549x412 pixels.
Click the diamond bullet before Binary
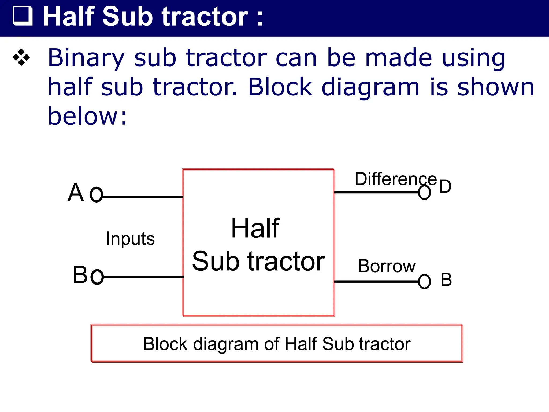(21, 57)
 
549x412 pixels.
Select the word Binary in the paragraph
(86, 58)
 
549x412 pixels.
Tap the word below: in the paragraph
(87, 116)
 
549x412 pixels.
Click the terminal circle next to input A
(96, 194)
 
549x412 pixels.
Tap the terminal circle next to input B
(97, 277)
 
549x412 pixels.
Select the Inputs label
(130, 238)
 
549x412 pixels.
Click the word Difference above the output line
(395, 179)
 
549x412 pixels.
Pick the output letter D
(445, 186)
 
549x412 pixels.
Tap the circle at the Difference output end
(424, 192)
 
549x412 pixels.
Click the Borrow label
(387, 266)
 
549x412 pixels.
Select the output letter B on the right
(446, 279)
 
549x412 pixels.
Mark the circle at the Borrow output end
(424, 282)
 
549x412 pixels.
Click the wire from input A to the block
(142, 197)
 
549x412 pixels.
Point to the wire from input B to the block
(143, 277)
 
